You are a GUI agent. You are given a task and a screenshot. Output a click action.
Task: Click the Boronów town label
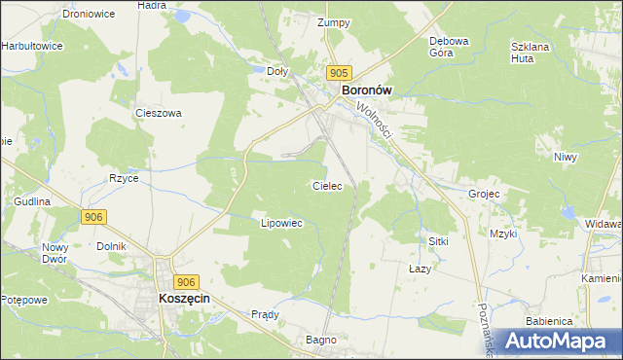coord(366,90)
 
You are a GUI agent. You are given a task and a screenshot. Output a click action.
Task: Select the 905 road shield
coord(339,73)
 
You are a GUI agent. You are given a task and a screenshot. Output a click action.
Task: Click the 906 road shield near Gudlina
coord(93,216)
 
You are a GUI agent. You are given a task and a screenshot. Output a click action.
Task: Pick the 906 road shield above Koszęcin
coord(188,280)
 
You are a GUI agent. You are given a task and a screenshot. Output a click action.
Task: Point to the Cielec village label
coord(326,185)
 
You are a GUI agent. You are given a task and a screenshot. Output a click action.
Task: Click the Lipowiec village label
coord(282,223)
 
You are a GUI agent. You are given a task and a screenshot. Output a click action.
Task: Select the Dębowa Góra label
coord(450,48)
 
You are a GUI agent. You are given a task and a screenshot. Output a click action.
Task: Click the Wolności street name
coord(373,120)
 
